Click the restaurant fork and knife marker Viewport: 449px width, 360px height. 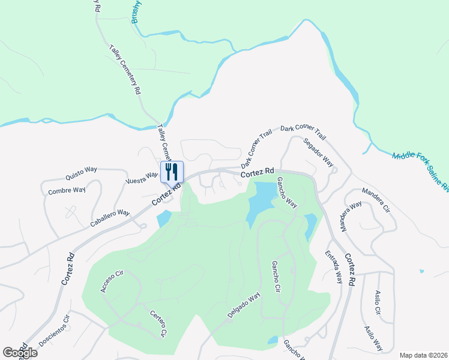(172, 172)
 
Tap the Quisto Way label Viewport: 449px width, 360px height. (81, 173)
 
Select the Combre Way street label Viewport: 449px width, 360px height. (67, 191)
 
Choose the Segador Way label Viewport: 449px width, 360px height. (318, 153)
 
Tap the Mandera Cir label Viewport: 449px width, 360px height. (376, 201)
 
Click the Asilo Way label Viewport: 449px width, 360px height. (373, 339)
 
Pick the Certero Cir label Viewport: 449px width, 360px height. (158, 324)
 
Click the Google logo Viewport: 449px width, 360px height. (20, 353)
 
